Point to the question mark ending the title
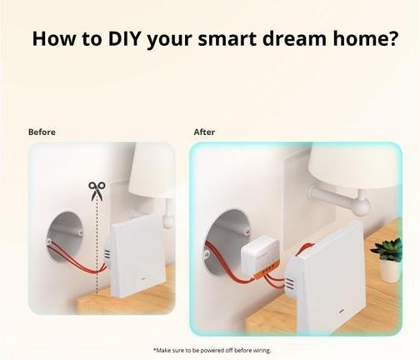(392, 38)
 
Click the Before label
(42, 132)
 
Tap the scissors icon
(97, 191)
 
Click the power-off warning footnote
(212, 350)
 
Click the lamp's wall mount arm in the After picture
(337, 199)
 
